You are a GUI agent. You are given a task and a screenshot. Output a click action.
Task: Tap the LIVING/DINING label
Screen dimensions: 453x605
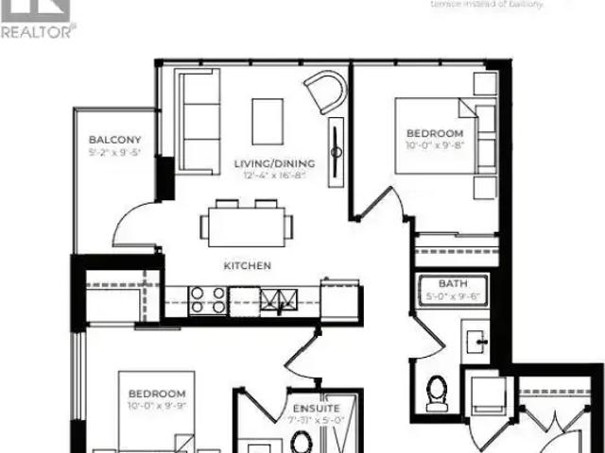point(274,163)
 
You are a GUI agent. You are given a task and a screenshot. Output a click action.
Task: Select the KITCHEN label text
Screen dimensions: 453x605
point(247,265)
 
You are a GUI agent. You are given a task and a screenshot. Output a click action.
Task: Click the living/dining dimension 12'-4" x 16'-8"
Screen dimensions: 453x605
point(274,176)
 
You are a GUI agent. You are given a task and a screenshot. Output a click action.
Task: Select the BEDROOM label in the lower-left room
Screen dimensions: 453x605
point(157,393)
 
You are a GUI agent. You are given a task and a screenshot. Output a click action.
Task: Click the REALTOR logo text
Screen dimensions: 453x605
point(38,31)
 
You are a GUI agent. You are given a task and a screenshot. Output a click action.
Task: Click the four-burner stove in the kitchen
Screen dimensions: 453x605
point(208,300)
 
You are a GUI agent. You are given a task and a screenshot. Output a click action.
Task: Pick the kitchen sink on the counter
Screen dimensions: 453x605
point(279,300)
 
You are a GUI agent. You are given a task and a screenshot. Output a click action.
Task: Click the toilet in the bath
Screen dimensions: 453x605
point(436,394)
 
